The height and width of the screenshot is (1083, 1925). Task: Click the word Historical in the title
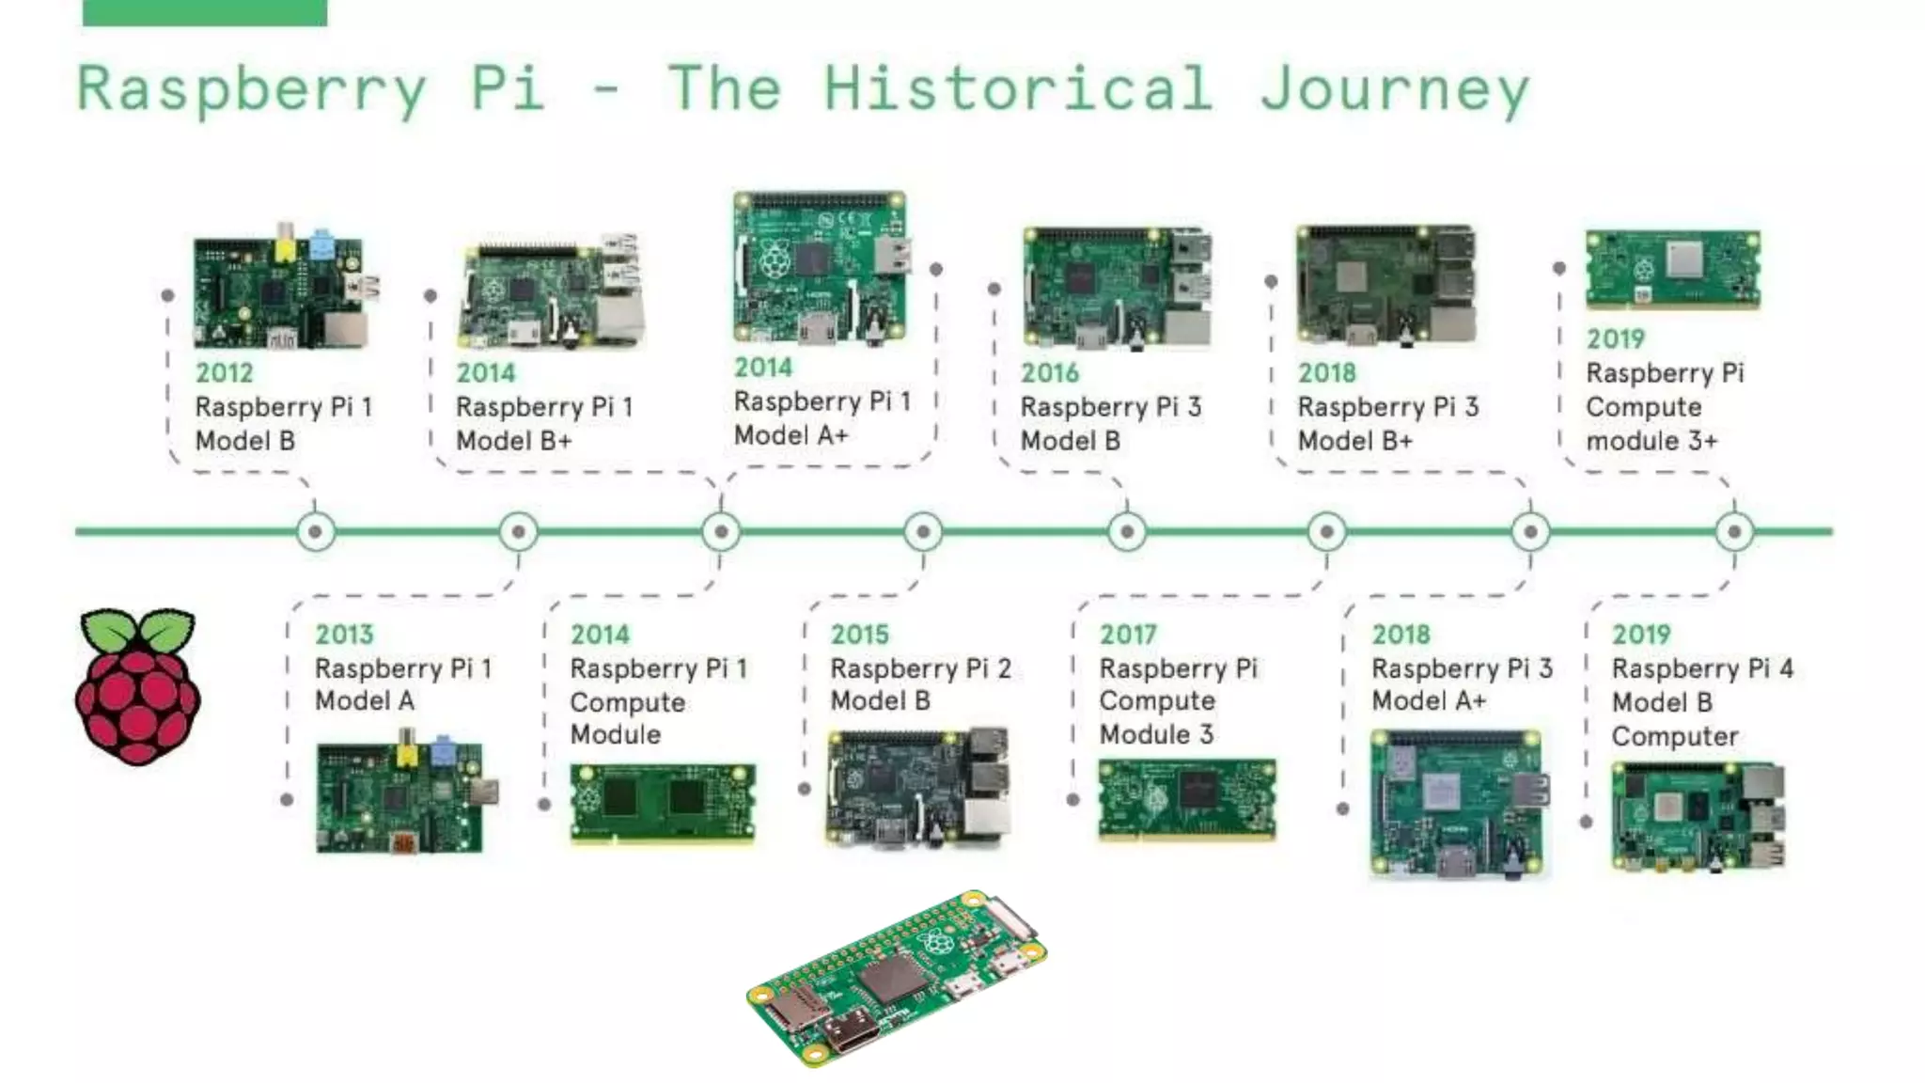click(1018, 88)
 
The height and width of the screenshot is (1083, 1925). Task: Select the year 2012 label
click(225, 372)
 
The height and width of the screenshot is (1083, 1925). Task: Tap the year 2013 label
click(344, 635)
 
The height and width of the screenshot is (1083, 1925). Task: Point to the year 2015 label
click(859, 635)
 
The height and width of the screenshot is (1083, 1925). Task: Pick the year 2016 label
click(1050, 372)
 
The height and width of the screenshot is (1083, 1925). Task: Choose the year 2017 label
click(1128, 635)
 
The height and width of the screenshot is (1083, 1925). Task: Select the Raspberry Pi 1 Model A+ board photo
click(821, 267)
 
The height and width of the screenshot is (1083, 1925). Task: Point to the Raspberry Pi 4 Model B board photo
click(1698, 816)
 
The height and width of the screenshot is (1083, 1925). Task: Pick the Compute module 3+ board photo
click(1672, 269)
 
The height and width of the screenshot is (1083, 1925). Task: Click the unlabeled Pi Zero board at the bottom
click(898, 979)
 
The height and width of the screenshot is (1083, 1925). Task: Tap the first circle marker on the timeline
click(316, 532)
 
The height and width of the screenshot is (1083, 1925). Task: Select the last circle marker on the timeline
click(1734, 532)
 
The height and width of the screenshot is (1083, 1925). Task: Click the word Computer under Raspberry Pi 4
click(1674, 736)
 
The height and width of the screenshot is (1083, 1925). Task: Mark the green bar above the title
click(205, 12)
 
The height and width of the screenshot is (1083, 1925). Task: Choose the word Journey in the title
click(1395, 90)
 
